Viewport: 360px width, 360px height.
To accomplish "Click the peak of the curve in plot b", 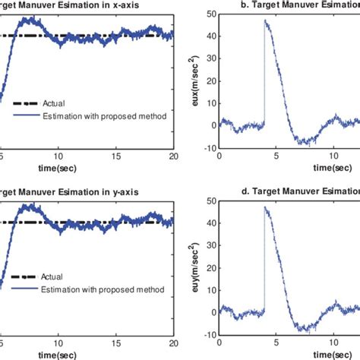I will point(264,21).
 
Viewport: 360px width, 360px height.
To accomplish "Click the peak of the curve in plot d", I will point(264,207).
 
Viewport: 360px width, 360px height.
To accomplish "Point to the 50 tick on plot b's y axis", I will point(211,16).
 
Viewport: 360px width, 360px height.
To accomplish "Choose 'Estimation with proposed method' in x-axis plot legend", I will point(94,115).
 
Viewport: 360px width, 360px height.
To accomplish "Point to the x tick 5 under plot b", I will point(276,155).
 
